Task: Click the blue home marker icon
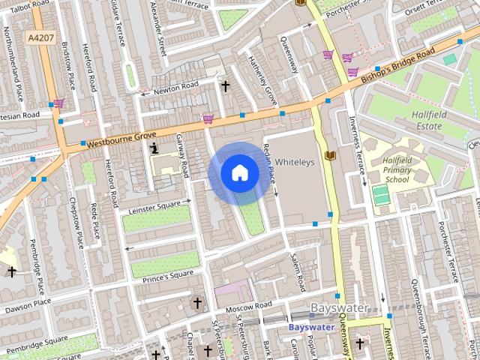[x=239, y=173]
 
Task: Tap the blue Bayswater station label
[x=311, y=327]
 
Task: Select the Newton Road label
[x=174, y=89]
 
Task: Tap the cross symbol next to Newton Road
[x=224, y=85]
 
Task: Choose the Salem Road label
[x=298, y=271]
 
